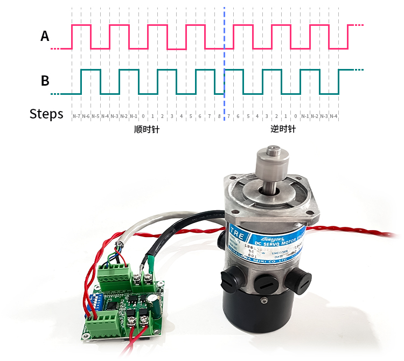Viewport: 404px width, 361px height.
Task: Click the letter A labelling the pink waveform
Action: click(45, 36)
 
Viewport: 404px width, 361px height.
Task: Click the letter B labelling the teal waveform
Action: click(45, 81)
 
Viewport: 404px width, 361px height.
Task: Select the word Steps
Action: click(46, 114)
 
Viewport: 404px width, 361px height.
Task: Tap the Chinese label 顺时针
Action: click(147, 130)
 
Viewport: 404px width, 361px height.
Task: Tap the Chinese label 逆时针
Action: click(282, 130)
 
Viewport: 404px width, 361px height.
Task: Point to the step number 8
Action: click(219, 116)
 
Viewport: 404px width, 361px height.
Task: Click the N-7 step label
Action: click(76, 116)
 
